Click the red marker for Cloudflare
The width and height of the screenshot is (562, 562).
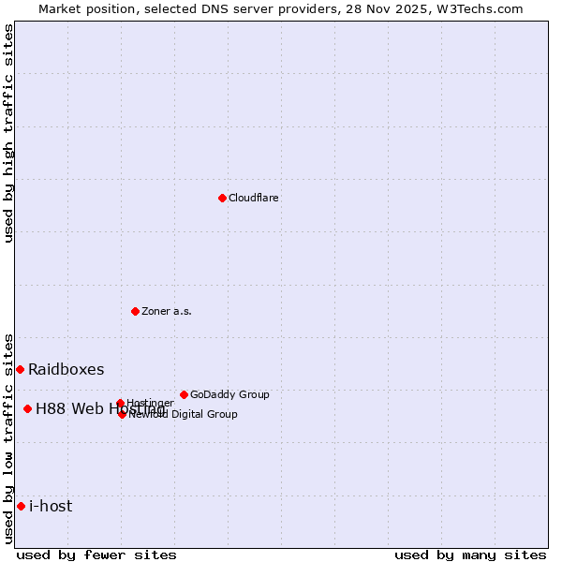(222, 198)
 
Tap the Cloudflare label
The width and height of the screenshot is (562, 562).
(254, 198)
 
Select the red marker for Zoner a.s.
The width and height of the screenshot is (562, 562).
(135, 311)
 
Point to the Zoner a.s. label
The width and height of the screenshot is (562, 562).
(167, 311)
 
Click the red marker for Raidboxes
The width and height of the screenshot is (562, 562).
(20, 369)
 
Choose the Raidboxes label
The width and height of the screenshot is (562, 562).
(67, 369)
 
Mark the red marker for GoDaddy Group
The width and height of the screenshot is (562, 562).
(184, 394)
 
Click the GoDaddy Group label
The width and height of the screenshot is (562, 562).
(229, 394)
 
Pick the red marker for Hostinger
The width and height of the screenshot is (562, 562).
(120, 404)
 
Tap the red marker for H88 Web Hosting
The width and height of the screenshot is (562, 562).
(27, 408)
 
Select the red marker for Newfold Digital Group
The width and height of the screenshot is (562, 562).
(122, 414)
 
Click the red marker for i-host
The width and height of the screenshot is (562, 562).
(21, 506)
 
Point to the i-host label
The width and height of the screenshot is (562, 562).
(51, 506)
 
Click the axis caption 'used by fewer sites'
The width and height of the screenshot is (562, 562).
(96, 555)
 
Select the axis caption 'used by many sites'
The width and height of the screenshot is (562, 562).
(470, 555)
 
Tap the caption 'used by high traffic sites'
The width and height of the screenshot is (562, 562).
(8, 133)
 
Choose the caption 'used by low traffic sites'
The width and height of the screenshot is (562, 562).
(8, 437)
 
